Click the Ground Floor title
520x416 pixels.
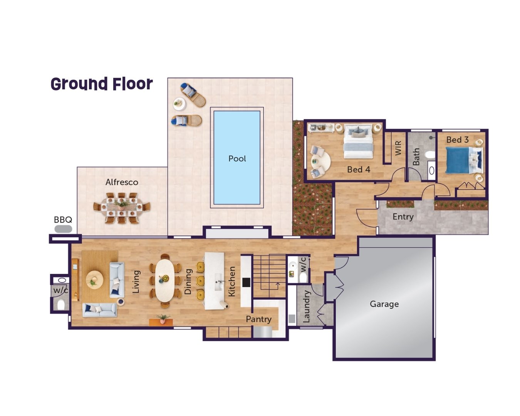(102, 84)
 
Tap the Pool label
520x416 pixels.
(237, 159)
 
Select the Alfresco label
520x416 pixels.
(122, 182)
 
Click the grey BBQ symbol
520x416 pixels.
(63, 229)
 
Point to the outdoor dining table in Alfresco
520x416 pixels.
(122, 208)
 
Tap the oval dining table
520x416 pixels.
(165, 280)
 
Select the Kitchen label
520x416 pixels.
(231, 282)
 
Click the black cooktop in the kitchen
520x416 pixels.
(246, 282)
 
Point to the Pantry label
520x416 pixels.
(258, 319)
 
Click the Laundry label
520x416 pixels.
(307, 307)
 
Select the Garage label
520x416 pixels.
(384, 304)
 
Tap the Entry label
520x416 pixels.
(403, 217)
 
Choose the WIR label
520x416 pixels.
(398, 148)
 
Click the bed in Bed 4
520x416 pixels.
(358, 141)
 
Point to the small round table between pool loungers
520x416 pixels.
(178, 103)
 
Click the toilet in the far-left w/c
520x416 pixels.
(61, 305)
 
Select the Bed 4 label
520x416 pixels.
(358, 169)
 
